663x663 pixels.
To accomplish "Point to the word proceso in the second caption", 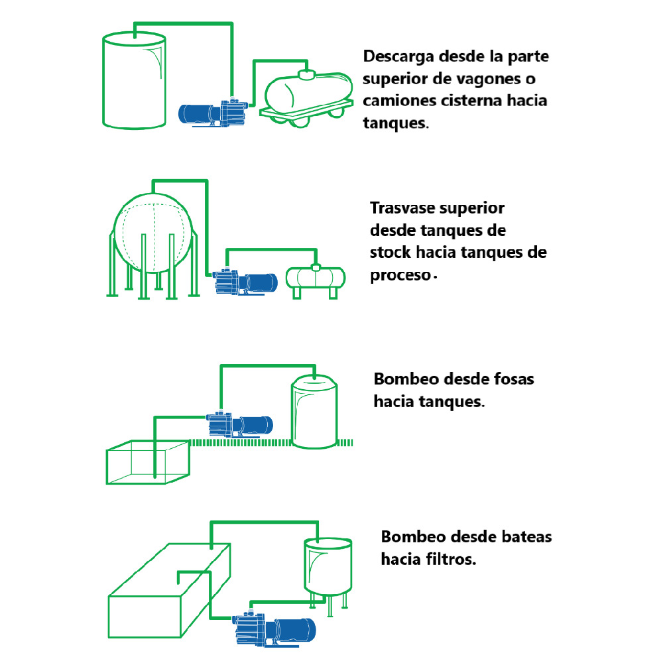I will [x=400, y=275].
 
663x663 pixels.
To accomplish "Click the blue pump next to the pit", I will [x=239, y=424].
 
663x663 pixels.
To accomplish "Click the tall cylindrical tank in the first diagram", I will [x=133, y=82].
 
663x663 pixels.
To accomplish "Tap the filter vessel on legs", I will [x=328, y=566].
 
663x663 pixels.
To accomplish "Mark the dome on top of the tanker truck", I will [x=306, y=74].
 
